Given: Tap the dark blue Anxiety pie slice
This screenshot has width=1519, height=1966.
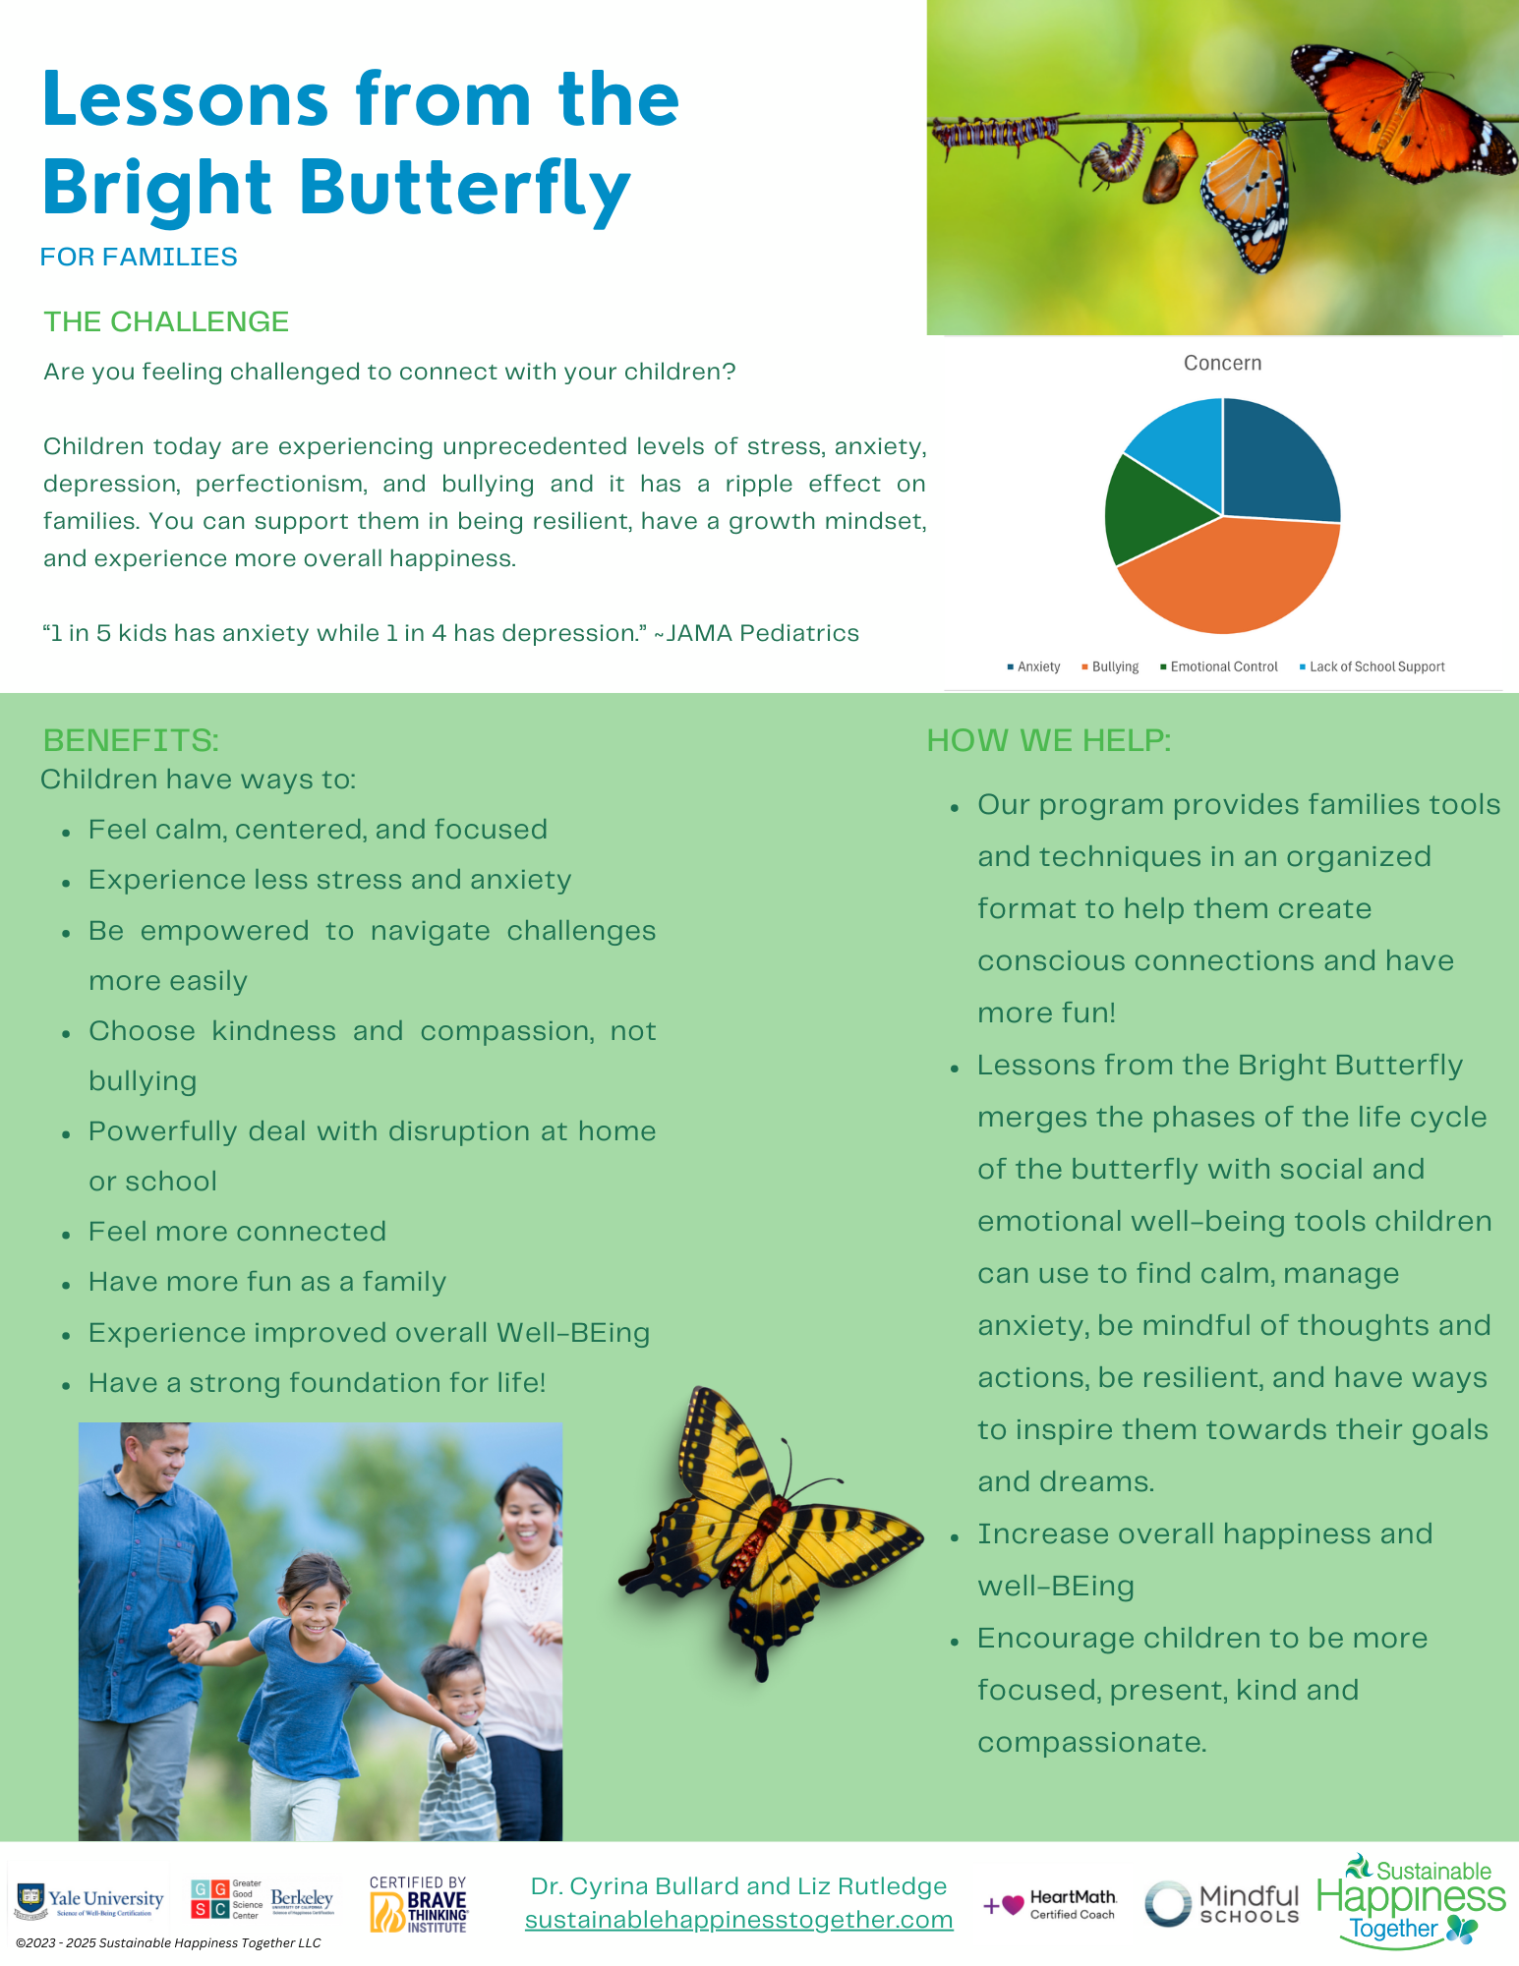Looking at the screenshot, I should click(x=1278, y=462).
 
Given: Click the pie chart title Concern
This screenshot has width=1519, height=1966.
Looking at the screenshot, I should click(x=1222, y=363).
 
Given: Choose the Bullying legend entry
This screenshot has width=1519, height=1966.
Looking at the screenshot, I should click(x=1110, y=666).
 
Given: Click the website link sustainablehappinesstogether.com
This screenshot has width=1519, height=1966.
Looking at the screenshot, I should click(x=738, y=1920).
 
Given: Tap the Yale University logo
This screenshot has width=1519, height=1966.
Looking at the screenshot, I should click(x=89, y=1901).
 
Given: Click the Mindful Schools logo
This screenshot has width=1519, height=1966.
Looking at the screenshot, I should click(x=1222, y=1904).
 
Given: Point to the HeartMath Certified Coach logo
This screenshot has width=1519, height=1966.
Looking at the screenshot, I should click(x=1050, y=1904).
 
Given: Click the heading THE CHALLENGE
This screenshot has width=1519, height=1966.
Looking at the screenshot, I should click(x=166, y=321).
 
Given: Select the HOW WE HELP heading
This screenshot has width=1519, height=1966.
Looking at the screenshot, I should click(x=1049, y=740).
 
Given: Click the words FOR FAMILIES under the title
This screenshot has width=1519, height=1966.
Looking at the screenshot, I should click(x=139, y=257).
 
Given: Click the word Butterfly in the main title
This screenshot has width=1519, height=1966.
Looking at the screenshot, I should click(x=464, y=189).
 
